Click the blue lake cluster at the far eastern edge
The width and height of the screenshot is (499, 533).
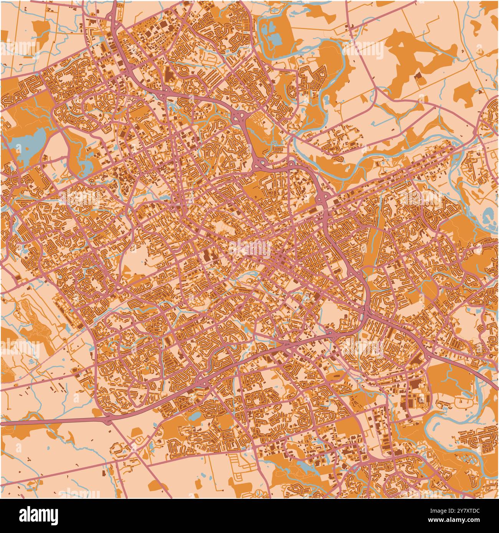point(490,217)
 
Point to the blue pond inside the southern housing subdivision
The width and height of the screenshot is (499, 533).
point(195,416)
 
